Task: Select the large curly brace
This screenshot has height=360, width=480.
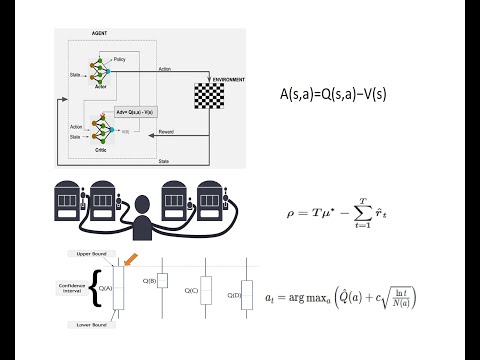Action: pyautogui.click(x=96, y=291)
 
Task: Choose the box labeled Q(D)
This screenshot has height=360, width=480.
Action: pyautogui.click(x=246, y=295)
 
